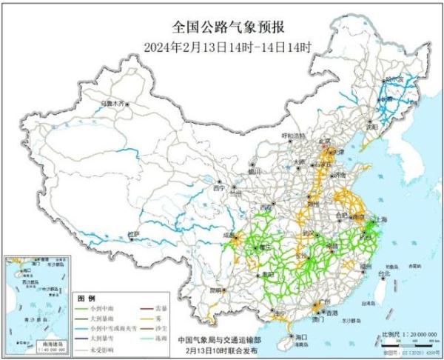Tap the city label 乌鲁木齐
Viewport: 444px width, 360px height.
[114, 103]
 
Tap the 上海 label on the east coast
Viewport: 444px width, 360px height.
[383, 220]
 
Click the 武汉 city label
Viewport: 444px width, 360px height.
[307, 233]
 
